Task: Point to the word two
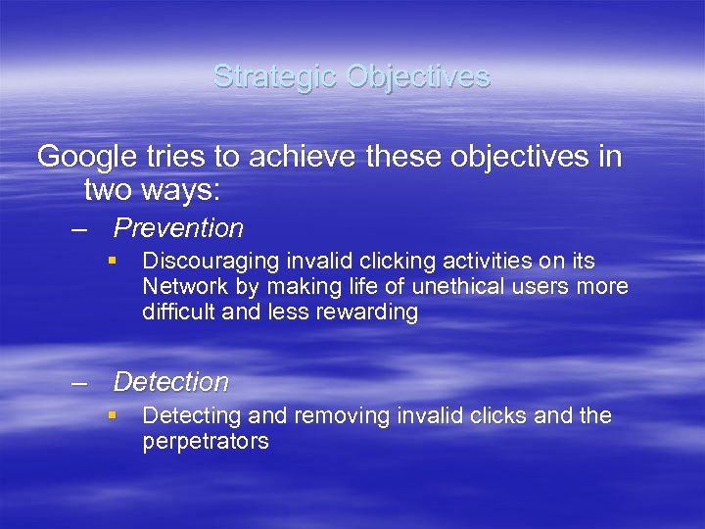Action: [109, 189]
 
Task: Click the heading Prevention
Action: [178, 228]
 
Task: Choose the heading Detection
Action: [170, 382]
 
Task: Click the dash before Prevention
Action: [79, 229]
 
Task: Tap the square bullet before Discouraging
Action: [114, 262]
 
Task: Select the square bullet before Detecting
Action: [114, 415]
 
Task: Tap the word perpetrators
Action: [206, 442]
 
